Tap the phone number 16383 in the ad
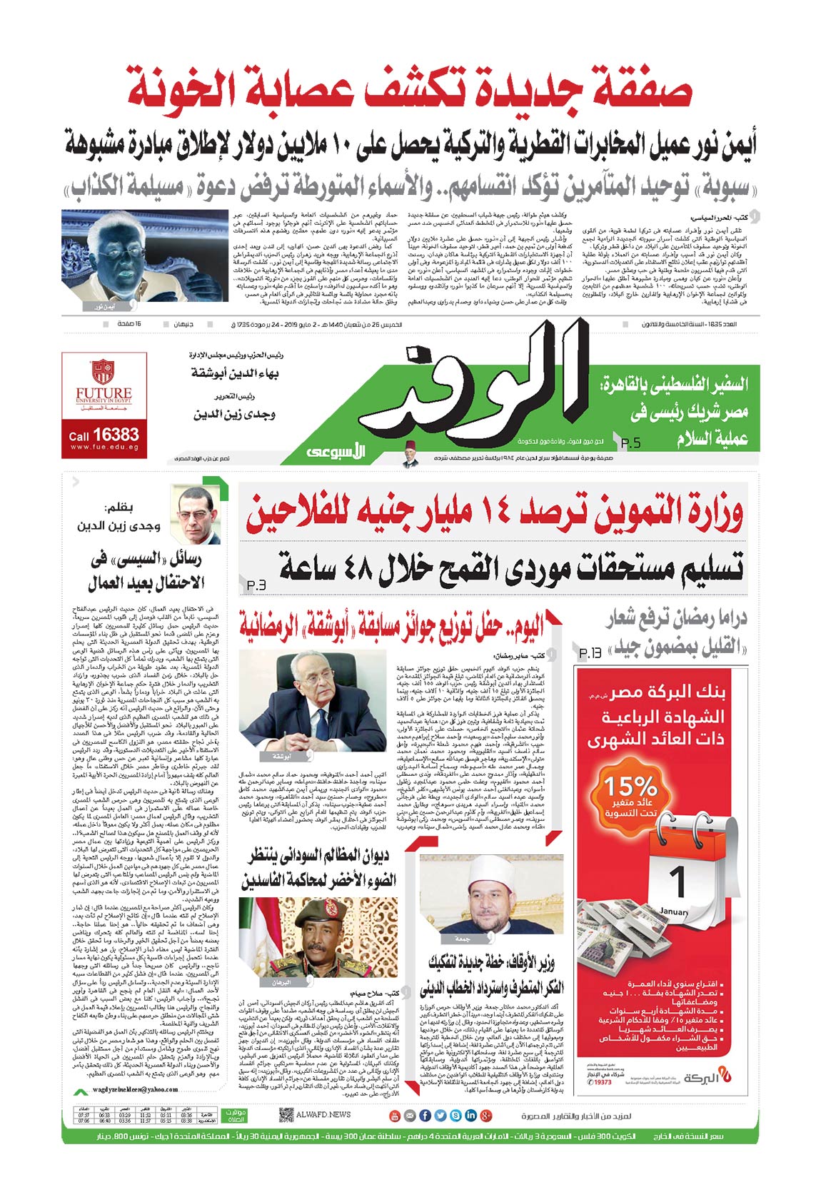pyautogui.click(x=115, y=434)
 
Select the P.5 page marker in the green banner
pyautogui.click(x=630, y=443)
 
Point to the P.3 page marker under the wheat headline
pyautogui.click(x=256, y=586)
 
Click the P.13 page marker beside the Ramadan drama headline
pyautogui.click(x=590, y=652)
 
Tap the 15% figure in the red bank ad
pyautogui.click(x=630, y=787)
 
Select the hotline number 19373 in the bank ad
pyautogui.click(x=602, y=1082)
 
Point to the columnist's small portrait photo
pyautogui.click(x=196, y=515)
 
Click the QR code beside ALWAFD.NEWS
pyautogui.click(x=286, y=1114)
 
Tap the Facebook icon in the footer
pyautogui.click(x=424, y=1115)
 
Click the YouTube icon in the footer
pyautogui.click(x=393, y=1115)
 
